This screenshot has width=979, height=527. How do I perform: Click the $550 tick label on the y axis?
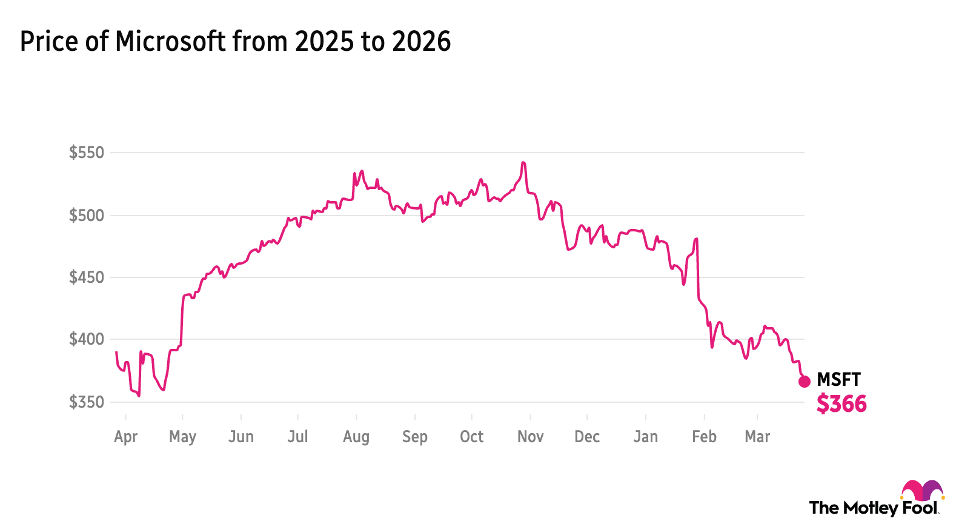coord(87,153)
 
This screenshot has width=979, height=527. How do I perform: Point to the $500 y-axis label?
coord(87,216)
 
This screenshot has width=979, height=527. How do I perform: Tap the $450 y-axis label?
coord(87,277)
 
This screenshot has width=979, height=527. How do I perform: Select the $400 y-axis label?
coord(87,339)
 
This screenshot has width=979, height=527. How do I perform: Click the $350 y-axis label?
coord(87,402)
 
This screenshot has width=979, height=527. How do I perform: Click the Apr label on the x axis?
coord(125,437)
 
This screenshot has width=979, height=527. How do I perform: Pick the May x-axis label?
coord(182,437)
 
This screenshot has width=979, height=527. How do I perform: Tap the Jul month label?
coord(297,437)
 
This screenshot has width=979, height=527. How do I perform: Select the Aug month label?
coord(356,437)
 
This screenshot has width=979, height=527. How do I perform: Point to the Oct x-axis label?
coord(471,437)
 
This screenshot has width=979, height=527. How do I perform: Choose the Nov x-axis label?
coord(530,437)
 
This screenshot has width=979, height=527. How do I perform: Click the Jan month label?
coord(645,437)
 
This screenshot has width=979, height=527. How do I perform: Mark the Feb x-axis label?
coord(704,437)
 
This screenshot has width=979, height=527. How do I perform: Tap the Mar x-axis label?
coord(757,437)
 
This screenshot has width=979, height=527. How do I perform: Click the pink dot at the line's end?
coord(804,382)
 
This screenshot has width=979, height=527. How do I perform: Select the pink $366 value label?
coord(841,404)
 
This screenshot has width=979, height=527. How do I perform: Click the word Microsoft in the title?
coord(170,42)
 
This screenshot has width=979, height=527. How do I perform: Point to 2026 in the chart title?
coord(421,42)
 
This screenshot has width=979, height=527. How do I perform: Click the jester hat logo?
coord(922,491)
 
